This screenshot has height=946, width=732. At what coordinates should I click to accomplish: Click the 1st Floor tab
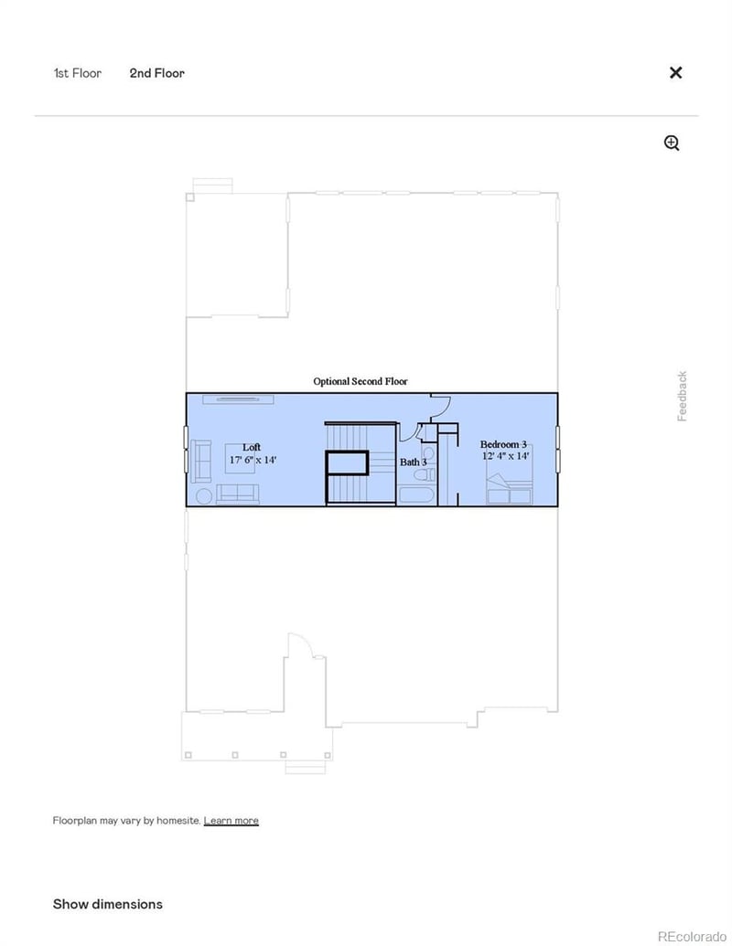77,73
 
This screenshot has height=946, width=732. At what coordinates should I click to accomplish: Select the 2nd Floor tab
156,73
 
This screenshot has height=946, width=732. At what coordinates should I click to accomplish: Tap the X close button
676,73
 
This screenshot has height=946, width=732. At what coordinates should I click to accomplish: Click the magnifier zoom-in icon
673,143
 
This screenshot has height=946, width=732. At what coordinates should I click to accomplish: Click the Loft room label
251,447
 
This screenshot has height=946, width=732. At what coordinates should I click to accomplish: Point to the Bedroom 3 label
503,444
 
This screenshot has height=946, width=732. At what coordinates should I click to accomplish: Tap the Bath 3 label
413,462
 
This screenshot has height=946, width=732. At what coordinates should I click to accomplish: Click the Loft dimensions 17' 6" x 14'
253,460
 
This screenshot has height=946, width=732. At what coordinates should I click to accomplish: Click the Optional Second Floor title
360,381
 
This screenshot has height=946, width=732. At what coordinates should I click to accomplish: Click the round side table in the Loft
203,495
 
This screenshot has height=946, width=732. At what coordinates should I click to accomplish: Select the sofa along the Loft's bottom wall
238,494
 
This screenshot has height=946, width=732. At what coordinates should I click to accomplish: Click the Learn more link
231,821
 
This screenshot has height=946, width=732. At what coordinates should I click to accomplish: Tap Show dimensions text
108,904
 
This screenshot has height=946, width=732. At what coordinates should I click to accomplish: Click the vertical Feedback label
682,396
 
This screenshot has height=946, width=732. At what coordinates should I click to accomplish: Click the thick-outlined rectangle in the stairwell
348,463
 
